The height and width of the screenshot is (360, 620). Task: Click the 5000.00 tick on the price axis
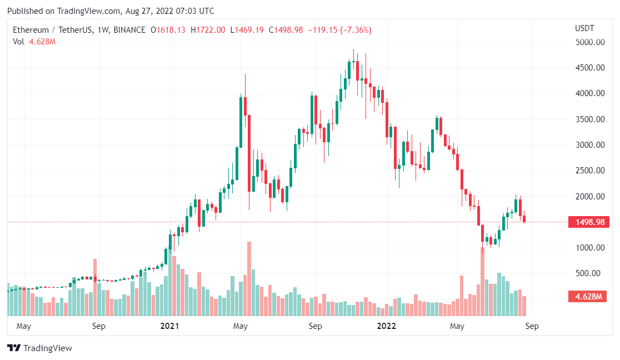tap(589, 42)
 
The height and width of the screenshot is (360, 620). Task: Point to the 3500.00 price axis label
tap(589, 119)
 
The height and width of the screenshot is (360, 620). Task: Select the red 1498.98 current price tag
tap(589, 222)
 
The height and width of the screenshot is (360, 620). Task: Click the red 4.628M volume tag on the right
tap(589, 297)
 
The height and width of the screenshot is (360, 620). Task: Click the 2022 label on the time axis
tap(386, 326)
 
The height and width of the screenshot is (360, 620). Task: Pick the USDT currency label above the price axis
tap(584, 28)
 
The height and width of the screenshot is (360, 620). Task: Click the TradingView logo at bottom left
tap(39, 348)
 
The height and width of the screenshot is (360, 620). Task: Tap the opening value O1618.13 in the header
tap(168, 30)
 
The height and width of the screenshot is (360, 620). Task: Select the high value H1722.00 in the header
tap(208, 30)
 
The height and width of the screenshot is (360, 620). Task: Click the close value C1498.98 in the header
tap(286, 30)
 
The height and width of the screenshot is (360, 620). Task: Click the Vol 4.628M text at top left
tap(34, 41)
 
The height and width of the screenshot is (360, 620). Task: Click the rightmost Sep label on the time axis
tap(532, 326)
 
